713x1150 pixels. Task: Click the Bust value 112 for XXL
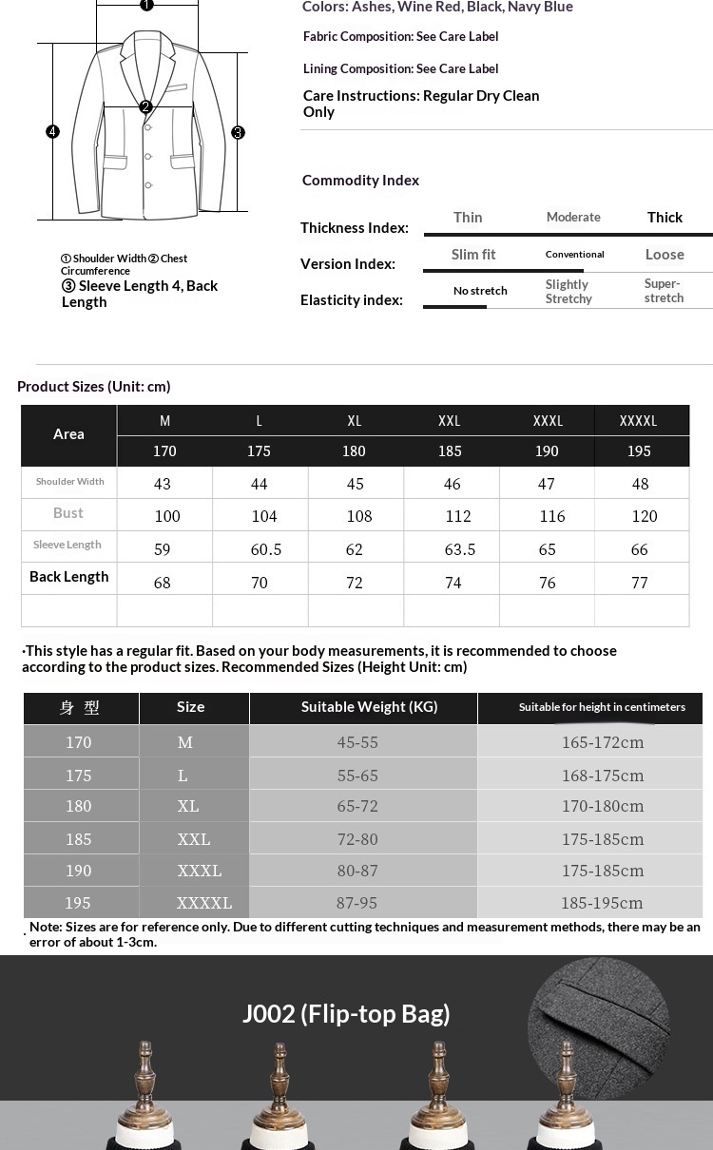[x=458, y=516]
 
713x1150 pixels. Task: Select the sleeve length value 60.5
[x=266, y=549]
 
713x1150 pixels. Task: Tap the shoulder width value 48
[x=640, y=484]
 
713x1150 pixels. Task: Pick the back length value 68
[x=163, y=583]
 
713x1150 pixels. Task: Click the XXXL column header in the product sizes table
[x=548, y=421]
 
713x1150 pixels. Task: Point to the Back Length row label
[x=69, y=577]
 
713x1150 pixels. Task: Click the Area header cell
[x=68, y=434]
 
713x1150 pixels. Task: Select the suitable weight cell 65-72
[x=357, y=806]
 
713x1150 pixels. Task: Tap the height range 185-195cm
[x=602, y=903]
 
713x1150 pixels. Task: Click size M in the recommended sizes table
[x=184, y=742]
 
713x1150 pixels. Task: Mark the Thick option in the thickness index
[x=665, y=218]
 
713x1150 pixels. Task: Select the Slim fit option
[x=473, y=255]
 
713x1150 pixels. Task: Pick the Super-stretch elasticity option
[x=664, y=291]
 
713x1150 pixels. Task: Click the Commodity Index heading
[x=360, y=181]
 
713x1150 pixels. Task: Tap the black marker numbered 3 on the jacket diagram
[x=239, y=133]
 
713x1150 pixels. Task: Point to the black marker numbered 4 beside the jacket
[x=53, y=132]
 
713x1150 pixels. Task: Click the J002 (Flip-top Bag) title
[x=346, y=1013]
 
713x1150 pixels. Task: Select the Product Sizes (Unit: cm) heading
[x=94, y=387]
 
